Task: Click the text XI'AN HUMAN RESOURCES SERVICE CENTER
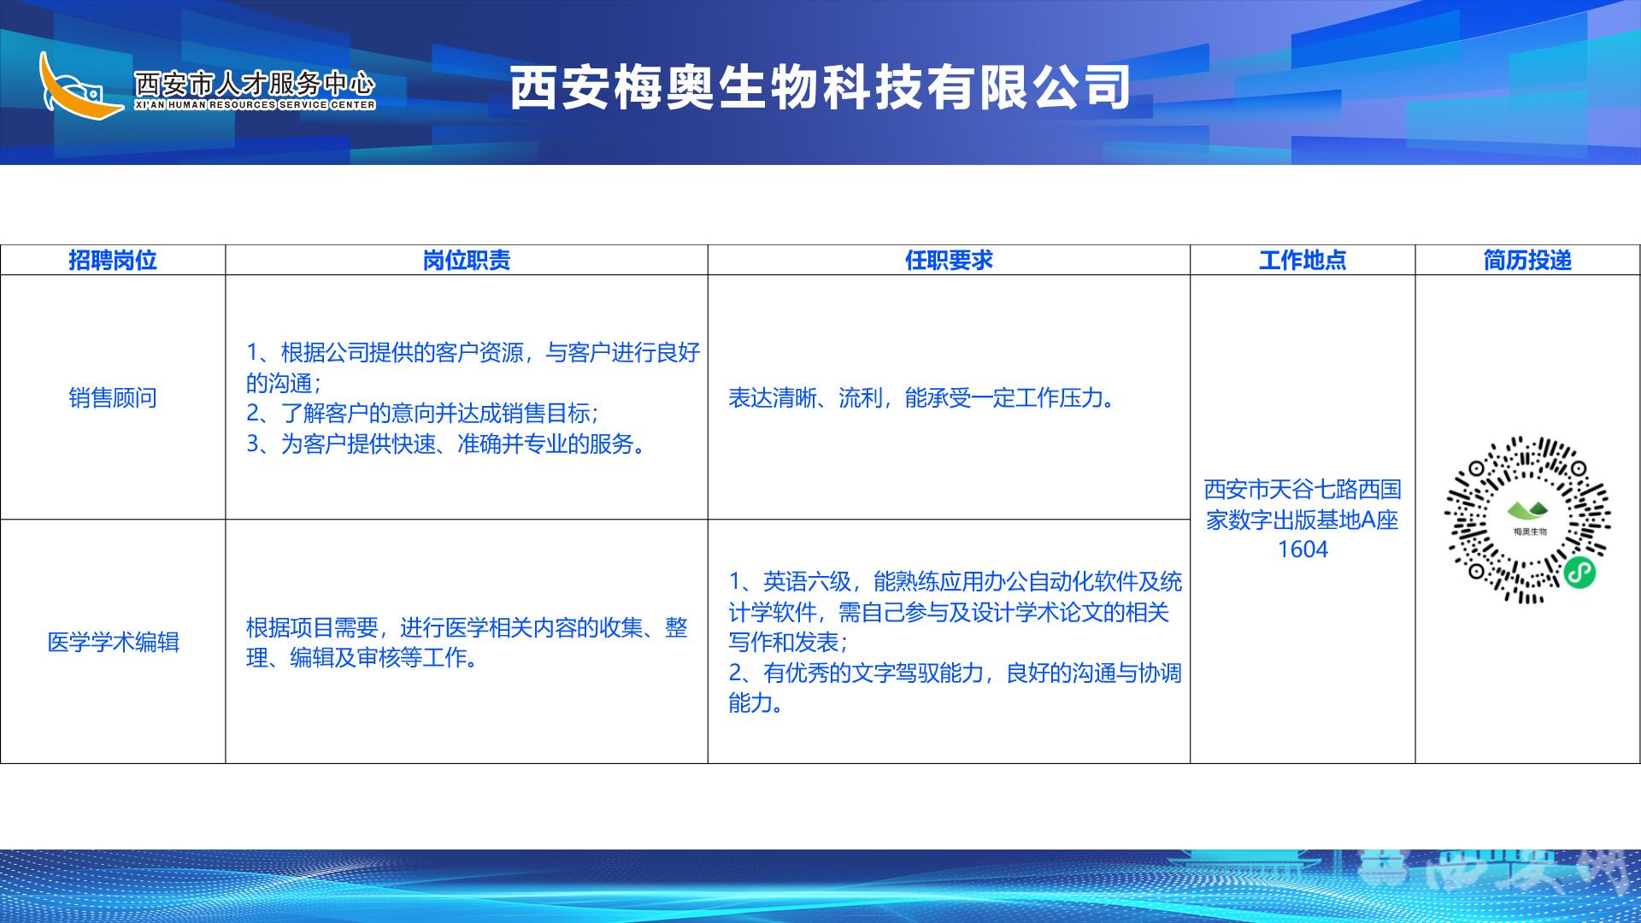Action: (255, 105)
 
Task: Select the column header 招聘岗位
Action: (113, 261)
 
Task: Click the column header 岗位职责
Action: (467, 261)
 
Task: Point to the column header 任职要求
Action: (949, 261)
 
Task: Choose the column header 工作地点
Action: (1303, 261)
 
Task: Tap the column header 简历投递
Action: (1527, 261)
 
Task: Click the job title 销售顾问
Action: (113, 397)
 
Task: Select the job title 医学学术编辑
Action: (113, 642)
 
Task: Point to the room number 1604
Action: (1303, 550)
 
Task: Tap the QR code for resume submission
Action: (1527, 520)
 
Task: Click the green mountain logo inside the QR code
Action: (1527, 511)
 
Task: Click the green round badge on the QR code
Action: (1580, 573)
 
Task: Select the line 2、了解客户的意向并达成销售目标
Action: (421, 414)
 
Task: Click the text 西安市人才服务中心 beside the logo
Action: (255, 83)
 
